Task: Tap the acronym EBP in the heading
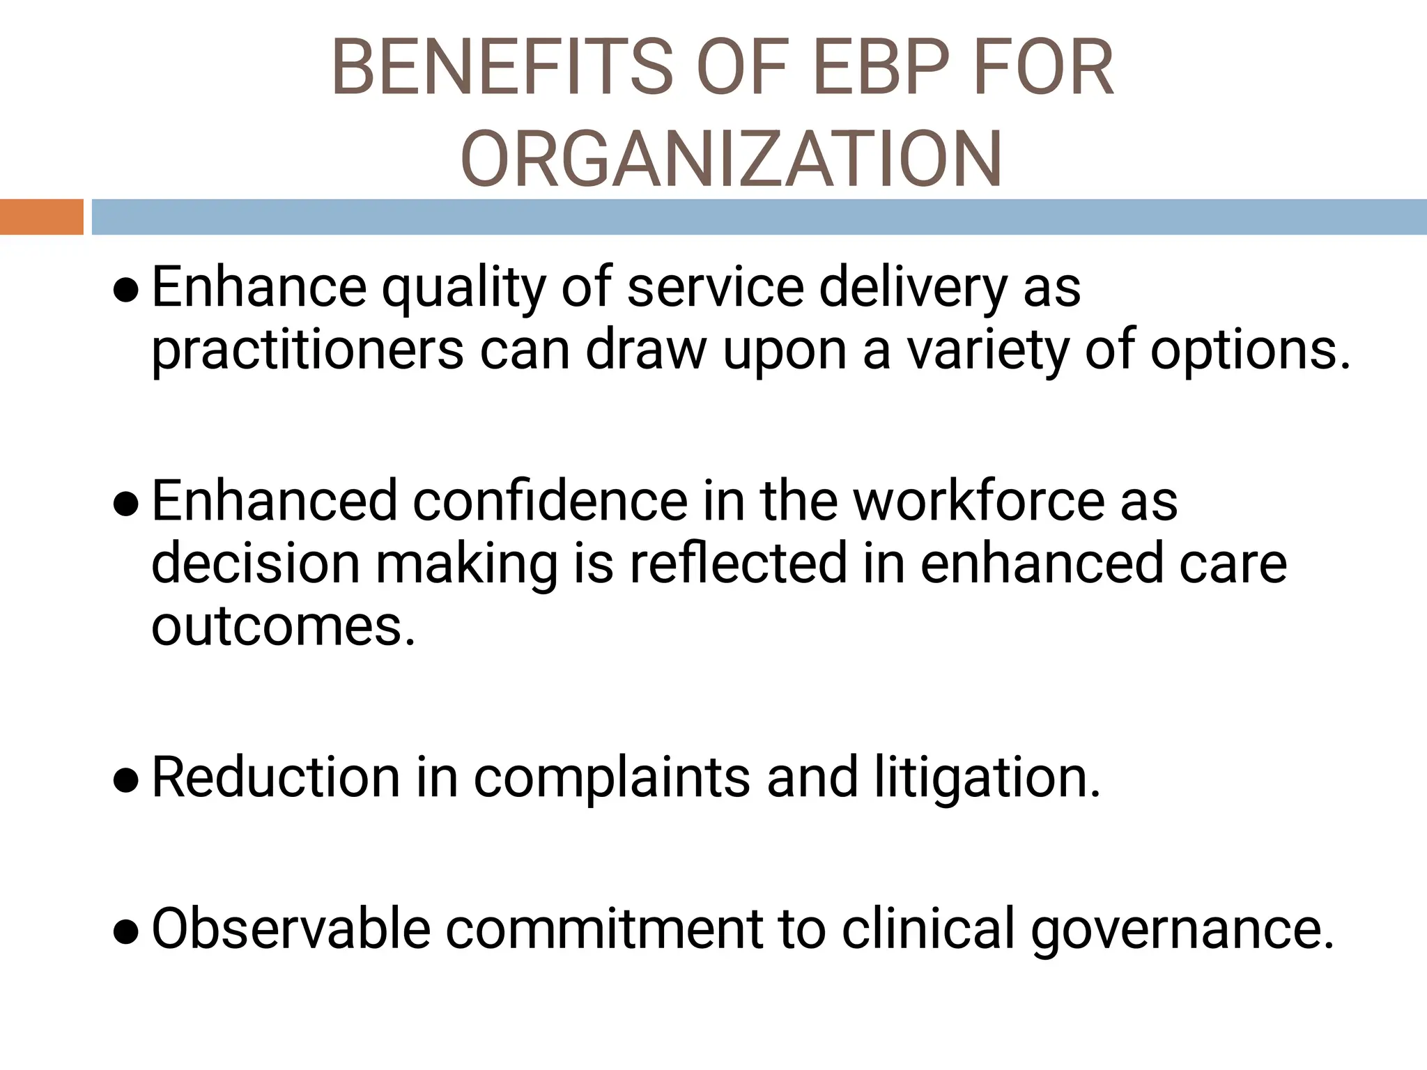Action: coord(881,68)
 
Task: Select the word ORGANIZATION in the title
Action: coord(731,159)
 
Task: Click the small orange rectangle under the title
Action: coord(41,217)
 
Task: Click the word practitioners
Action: coord(307,350)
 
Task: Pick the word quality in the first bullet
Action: coord(463,288)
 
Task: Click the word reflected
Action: coord(738,564)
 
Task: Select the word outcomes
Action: coord(282,626)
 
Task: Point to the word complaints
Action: coord(612,778)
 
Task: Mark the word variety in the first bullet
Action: coord(987,350)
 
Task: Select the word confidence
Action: coord(550,502)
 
